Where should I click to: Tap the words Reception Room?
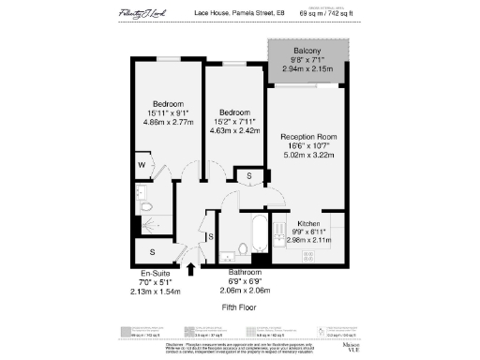[x=308, y=137]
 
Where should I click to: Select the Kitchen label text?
[x=309, y=224]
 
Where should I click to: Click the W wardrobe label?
[x=141, y=166]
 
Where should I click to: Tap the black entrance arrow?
[x=192, y=269]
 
